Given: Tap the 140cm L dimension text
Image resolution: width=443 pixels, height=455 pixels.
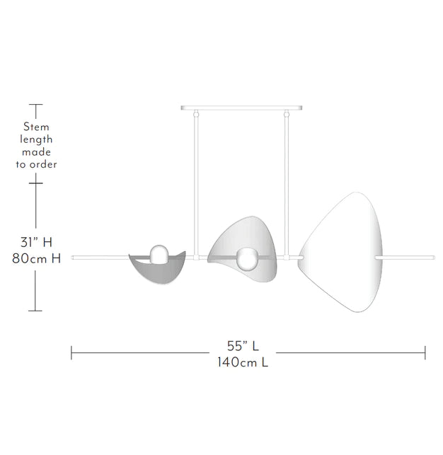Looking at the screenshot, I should click(x=243, y=362).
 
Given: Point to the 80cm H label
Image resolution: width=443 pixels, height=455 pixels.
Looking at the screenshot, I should click(x=36, y=259).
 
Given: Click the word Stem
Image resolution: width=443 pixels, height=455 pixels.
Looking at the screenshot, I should click(x=36, y=127).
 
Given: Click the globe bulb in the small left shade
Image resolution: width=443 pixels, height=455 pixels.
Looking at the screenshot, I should click(x=159, y=253).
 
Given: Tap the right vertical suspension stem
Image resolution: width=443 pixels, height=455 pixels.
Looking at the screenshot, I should click(x=287, y=177).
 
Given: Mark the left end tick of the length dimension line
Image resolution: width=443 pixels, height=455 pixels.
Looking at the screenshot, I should click(x=71, y=352).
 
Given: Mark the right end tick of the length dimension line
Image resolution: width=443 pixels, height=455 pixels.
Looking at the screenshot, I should click(x=425, y=352).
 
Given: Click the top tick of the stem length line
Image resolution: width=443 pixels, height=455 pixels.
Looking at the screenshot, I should click(x=35, y=105).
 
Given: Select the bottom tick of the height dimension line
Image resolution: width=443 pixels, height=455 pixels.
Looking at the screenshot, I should click(x=35, y=311).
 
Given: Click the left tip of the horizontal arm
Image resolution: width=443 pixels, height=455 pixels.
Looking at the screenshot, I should click(x=73, y=257).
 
